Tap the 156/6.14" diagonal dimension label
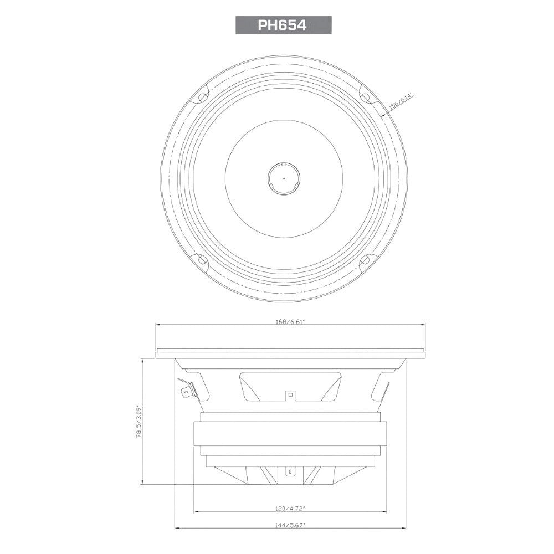401,100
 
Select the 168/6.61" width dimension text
290,322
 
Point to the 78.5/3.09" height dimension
139,422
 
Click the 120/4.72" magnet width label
290,509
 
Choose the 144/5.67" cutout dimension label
290,525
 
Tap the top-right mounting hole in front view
365,96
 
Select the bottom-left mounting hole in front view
202,260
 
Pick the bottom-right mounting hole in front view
365,260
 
